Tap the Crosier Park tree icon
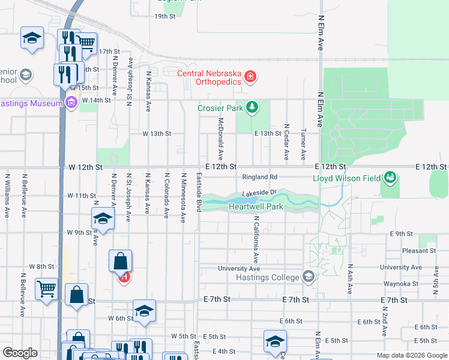coord(253,108)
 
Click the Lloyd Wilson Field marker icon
coord(391,178)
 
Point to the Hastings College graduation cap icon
coord(309,277)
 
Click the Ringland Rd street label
coord(259,177)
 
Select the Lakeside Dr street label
coord(258,193)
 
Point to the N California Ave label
coord(256,240)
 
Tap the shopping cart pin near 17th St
coord(86,43)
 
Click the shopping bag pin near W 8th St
coord(121,262)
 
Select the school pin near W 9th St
coord(103,218)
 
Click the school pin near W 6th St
coord(144,311)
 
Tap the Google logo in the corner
coord(20,353)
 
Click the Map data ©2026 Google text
coord(411,355)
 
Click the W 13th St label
coord(157,133)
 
